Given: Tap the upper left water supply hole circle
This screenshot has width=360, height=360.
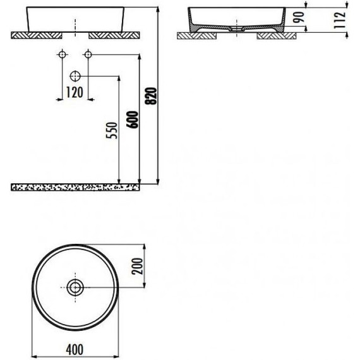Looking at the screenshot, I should (63, 54).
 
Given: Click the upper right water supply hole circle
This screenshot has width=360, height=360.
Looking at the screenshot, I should (88, 54).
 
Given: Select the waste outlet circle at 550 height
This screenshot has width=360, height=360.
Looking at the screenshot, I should (76, 76).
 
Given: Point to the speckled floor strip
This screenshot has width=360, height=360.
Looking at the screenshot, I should (76, 187).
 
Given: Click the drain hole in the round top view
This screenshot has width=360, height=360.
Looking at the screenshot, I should (76, 288).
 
